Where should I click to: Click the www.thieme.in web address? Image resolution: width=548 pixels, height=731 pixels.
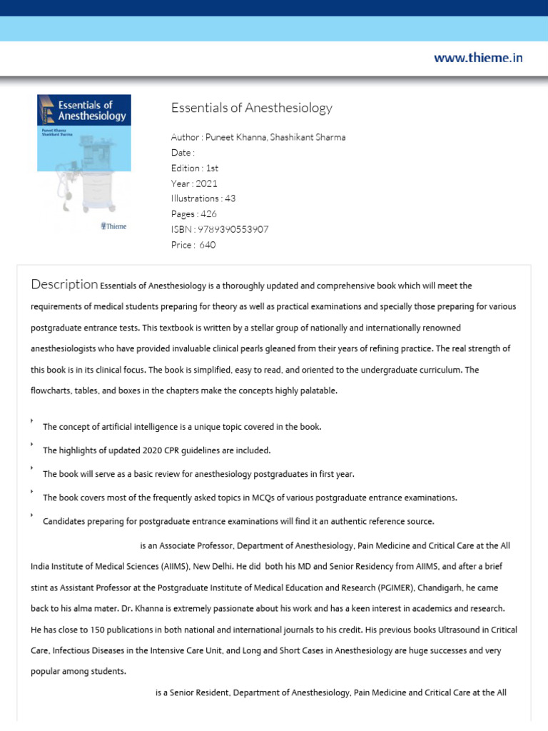(x=478, y=58)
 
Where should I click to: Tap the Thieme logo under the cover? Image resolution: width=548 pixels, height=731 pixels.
(x=114, y=226)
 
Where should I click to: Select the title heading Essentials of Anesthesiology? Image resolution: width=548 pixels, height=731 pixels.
(x=252, y=109)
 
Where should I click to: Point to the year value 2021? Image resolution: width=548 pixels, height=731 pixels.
(x=206, y=183)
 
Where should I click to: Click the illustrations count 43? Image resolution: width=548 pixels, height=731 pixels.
(x=230, y=198)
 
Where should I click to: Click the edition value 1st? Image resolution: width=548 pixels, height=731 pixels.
(x=211, y=168)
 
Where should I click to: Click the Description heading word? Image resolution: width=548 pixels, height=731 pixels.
(x=64, y=285)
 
